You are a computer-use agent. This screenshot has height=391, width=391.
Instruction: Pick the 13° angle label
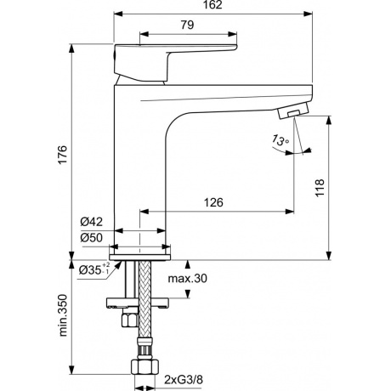click(x=279, y=141)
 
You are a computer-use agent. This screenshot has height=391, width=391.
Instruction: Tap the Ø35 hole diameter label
click(x=93, y=269)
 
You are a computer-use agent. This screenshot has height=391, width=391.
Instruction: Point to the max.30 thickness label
click(x=187, y=277)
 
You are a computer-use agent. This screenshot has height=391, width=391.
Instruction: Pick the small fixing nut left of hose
click(x=128, y=320)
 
